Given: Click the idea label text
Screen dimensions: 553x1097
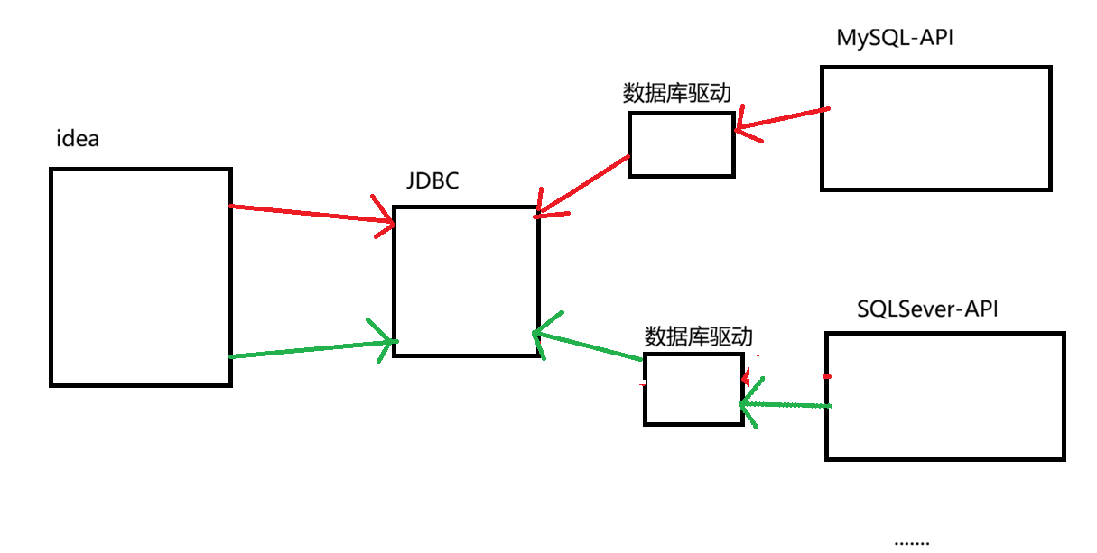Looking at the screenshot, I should tap(78, 140).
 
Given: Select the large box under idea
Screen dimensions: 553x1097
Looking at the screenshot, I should tap(141, 277).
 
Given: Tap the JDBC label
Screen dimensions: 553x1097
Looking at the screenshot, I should tap(432, 181).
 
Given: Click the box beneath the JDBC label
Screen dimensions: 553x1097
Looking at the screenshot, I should tap(467, 281).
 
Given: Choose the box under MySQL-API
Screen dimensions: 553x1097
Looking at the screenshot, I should tap(936, 128).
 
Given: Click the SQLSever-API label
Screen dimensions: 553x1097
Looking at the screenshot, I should tap(927, 309).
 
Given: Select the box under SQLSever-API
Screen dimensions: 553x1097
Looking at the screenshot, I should tap(944, 396).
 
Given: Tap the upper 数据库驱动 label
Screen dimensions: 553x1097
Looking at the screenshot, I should tap(676, 93).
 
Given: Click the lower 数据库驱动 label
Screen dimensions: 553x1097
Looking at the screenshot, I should tap(698, 337).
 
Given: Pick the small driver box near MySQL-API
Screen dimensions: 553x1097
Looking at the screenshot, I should tap(682, 143).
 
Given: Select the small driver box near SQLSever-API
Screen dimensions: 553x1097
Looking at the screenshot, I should tap(693, 389).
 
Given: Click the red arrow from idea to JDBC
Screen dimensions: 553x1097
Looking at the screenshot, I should tap(311, 214).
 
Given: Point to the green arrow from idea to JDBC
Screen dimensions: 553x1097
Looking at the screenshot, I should tap(311, 349).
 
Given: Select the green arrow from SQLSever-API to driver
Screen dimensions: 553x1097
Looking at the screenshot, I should tap(786, 405).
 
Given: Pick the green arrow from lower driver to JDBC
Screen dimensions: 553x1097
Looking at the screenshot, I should tap(587, 346).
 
